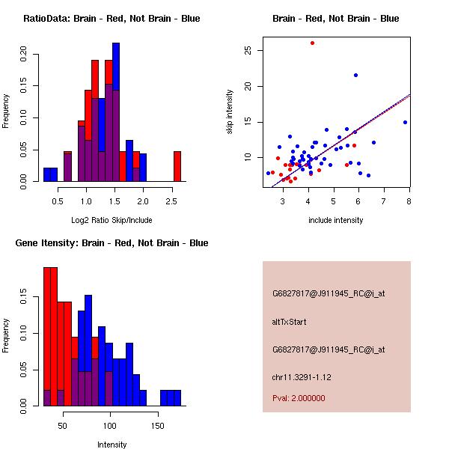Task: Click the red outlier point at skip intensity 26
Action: (x=312, y=43)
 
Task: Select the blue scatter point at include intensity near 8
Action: (x=405, y=122)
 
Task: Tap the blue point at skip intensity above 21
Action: (x=355, y=75)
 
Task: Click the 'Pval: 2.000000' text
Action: (x=299, y=398)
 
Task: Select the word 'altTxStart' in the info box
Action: (x=290, y=322)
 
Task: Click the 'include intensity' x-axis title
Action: (x=336, y=220)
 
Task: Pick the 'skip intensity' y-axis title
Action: (x=230, y=112)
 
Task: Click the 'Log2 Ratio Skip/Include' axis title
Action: (x=112, y=220)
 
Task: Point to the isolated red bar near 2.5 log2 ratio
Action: (x=177, y=166)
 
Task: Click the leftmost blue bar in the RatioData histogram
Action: (x=50, y=174)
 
